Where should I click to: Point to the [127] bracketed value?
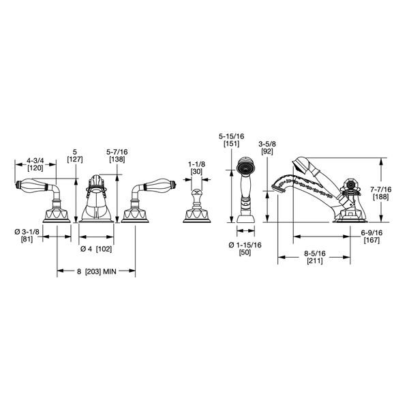(x=75, y=159)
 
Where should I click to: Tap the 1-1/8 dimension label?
(x=196, y=165)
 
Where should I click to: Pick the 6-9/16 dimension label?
(x=371, y=232)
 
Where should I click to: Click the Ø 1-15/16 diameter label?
(x=244, y=245)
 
